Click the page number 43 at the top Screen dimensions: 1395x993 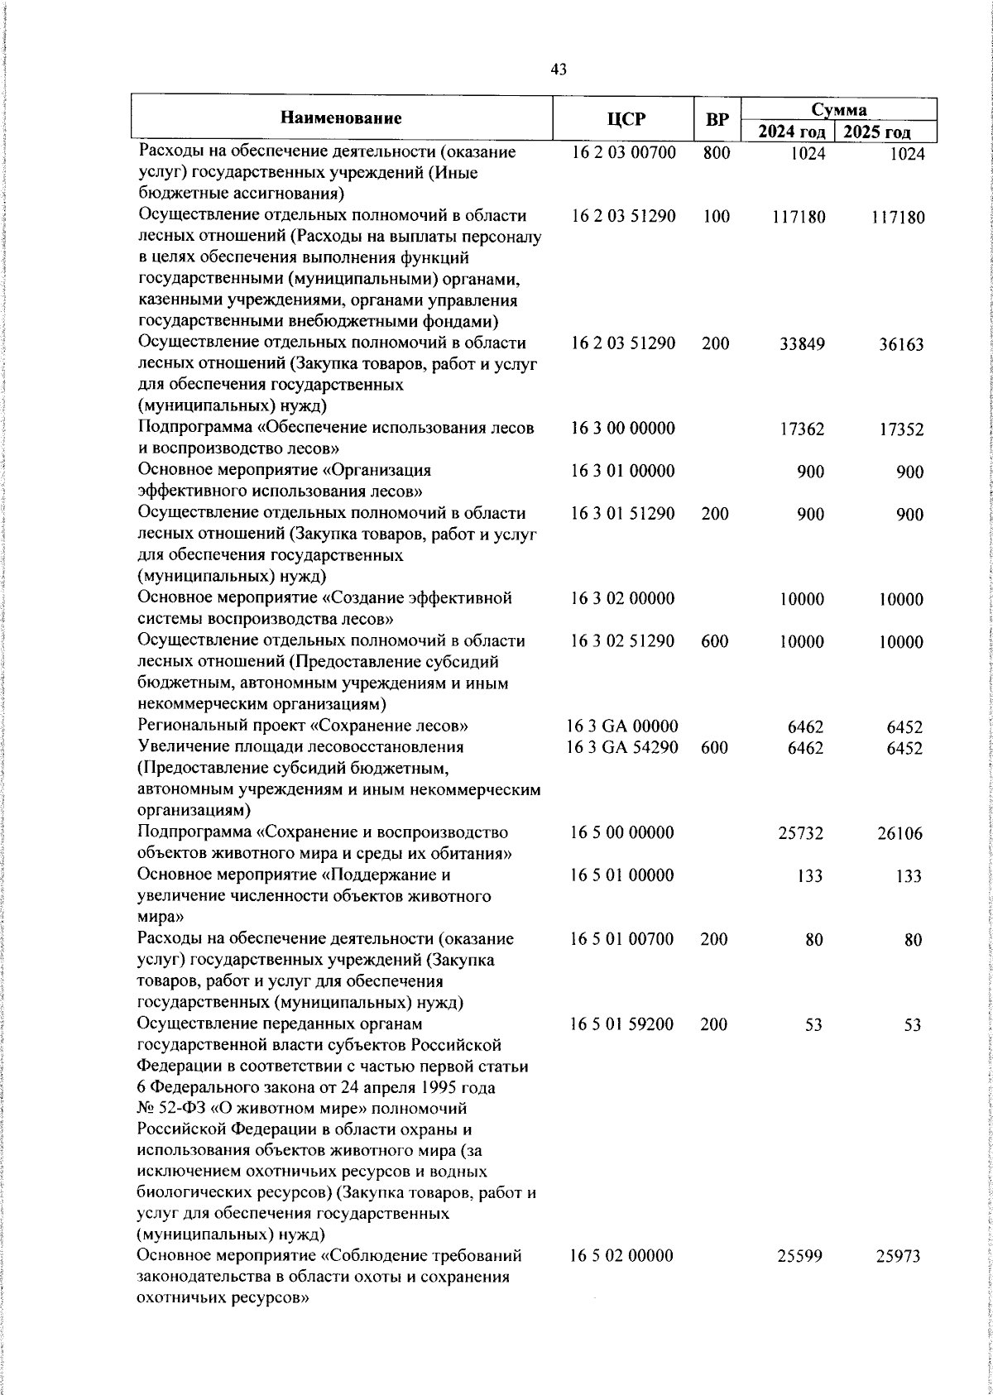[559, 71]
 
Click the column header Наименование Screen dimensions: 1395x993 [341, 118]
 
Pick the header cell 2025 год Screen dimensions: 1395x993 [885, 132]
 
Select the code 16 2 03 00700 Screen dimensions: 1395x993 [623, 153]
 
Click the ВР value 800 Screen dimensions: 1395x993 [716, 153]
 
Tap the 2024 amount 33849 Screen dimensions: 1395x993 [802, 344]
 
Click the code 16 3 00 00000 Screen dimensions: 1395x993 [623, 429]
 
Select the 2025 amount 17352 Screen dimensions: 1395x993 [901, 429]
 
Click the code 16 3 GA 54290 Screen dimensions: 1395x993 [622, 748]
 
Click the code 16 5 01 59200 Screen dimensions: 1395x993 [622, 1024]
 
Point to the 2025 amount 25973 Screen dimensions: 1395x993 [899, 1280]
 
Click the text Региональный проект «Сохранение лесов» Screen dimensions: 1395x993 [304, 726]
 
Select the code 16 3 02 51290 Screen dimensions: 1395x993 [623, 641]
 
